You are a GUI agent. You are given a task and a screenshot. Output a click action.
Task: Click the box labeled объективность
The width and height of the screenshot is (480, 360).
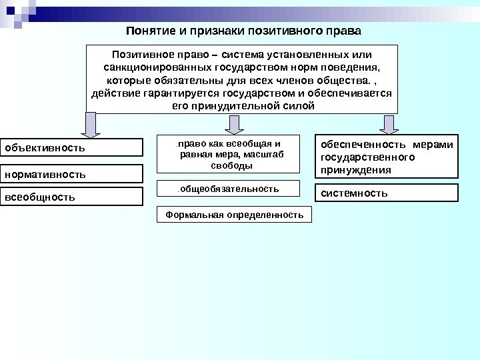point(71,147)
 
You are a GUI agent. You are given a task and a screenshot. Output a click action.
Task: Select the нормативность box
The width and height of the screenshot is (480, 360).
point(71,174)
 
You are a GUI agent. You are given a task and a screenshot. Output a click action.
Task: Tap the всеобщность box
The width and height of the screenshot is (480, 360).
point(71,197)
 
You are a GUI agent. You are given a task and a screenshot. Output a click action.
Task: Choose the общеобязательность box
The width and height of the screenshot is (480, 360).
point(227,189)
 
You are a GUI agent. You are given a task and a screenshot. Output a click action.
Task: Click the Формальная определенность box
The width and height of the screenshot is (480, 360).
point(234,215)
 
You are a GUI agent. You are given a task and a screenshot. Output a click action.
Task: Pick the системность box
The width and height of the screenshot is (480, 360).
point(387,193)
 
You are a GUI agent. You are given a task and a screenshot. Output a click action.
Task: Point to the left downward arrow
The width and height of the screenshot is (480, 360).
point(92,124)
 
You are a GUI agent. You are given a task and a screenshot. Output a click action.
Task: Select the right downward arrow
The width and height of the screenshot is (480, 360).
point(388,124)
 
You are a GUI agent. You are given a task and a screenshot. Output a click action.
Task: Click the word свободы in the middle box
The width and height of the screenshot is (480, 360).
point(227,165)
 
